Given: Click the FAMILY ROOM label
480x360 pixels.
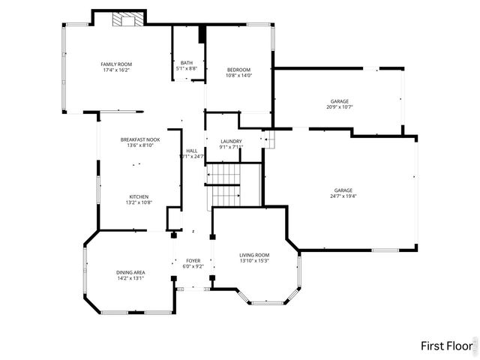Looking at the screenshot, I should (116, 64).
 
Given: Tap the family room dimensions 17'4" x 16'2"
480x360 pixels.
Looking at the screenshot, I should (116, 70).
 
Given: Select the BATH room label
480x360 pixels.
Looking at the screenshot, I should (187, 63).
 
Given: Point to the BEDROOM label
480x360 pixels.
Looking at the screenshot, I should (238, 69).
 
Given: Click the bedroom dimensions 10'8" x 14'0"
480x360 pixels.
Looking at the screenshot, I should (238, 75).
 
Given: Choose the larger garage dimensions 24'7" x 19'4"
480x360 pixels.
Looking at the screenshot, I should (343, 196).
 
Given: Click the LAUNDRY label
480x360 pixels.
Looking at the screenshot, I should (230, 141).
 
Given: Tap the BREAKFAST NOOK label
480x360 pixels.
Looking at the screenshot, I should (140, 139).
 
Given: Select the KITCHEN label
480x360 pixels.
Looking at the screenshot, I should (139, 196).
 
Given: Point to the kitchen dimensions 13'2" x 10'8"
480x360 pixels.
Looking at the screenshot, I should (139, 202).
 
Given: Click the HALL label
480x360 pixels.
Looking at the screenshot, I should (192, 151).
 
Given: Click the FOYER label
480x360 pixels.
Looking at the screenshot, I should (193, 260).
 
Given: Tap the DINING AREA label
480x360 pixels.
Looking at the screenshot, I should (130, 272).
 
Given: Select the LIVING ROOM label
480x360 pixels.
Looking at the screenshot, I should (254, 255).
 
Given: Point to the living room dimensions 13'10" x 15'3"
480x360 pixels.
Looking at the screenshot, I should (254, 261).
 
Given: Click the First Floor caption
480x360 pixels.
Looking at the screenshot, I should (445, 346).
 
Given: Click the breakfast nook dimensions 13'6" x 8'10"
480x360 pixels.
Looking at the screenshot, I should (140, 145).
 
